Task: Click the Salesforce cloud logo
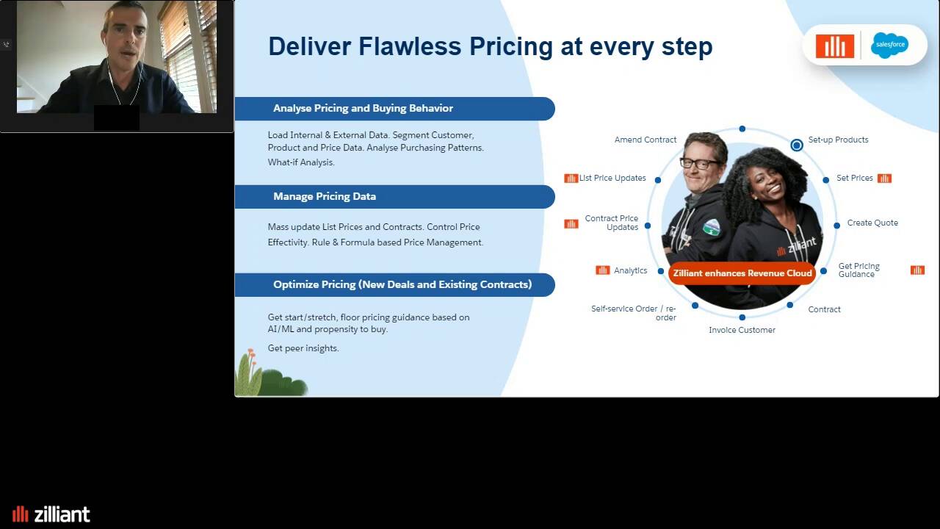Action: click(889, 45)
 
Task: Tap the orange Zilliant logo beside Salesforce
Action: click(835, 46)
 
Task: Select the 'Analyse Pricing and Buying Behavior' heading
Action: click(363, 108)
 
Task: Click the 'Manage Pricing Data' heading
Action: click(325, 196)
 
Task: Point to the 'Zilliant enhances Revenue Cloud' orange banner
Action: click(742, 273)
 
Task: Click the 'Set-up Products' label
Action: click(838, 140)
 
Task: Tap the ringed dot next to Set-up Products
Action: click(797, 145)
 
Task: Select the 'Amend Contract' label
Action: click(646, 140)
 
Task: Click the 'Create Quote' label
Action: click(872, 223)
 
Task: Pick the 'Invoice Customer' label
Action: click(742, 330)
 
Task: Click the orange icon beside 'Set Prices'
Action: click(884, 179)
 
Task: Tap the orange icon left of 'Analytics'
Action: click(603, 270)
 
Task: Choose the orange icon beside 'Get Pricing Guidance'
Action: click(917, 270)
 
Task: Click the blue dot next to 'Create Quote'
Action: click(836, 226)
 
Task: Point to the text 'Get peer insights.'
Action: click(303, 348)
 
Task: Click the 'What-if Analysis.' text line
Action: click(301, 162)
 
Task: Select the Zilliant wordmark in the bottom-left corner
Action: click(51, 514)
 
